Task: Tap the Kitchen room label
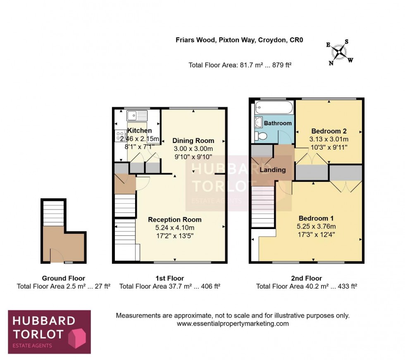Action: (139, 131)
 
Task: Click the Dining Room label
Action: (193, 140)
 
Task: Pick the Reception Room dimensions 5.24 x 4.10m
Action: (175, 227)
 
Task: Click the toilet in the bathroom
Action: (261, 136)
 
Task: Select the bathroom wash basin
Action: (259, 122)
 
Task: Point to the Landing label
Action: (272, 170)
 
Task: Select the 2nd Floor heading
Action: (306, 278)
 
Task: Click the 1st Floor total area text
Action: (169, 286)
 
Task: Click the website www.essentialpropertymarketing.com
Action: (233, 324)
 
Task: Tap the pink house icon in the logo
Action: (76, 336)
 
